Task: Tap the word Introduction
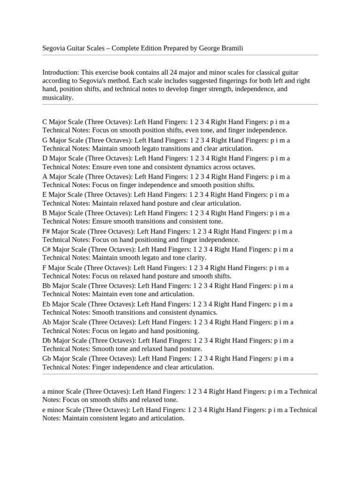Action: point(60,73)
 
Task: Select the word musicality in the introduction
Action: point(57,98)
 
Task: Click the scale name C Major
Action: point(55,122)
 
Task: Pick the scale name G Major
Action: point(55,140)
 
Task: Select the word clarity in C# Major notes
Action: point(196,258)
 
